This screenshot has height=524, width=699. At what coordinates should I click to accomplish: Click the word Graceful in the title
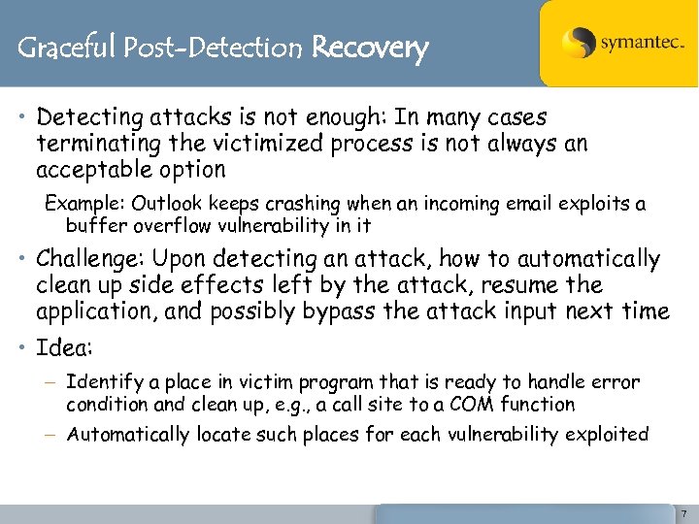67,47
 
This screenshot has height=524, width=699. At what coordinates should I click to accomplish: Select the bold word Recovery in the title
370,47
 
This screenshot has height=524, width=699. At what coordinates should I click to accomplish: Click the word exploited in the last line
608,435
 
